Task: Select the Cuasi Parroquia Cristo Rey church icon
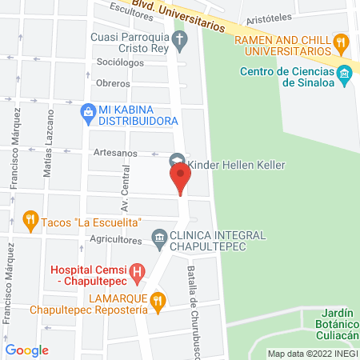[180, 42]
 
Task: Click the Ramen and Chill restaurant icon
[342, 41]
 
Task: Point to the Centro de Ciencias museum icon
[345, 76]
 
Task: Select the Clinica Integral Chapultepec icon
[158, 238]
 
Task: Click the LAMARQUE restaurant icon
[158, 301]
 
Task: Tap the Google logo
[27, 350]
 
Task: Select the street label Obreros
[113, 83]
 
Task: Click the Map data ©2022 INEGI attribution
[312, 353]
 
